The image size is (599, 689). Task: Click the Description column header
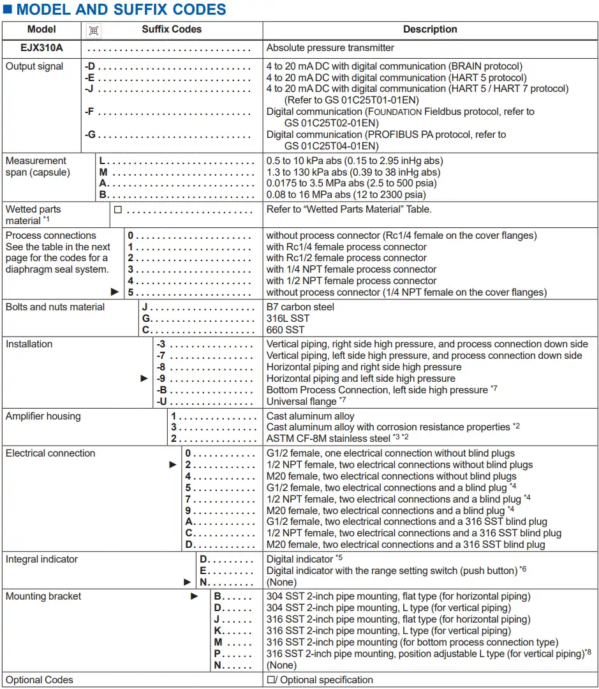pyautogui.click(x=430, y=29)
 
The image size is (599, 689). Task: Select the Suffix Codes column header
pyautogui.click(x=172, y=29)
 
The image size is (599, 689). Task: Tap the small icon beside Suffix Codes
pyautogui.click(x=94, y=30)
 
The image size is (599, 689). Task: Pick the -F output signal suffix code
pyautogui.click(x=90, y=112)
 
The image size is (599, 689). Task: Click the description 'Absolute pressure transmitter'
pyautogui.click(x=330, y=48)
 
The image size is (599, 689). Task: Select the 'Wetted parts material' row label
pyautogui.click(x=33, y=215)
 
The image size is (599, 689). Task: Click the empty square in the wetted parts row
pyautogui.click(x=118, y=209)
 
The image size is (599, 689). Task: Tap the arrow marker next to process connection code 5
pyautogui.click(x=115, y=292)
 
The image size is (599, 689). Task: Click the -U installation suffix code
pyautogui.click(x=162, y=402)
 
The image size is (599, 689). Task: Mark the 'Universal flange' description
pyautogui.click(x=301, y=402)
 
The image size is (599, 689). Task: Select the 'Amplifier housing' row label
pyautogui.click(x=43, y=416)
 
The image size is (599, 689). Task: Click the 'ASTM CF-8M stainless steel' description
pyautogui.click(x=328, y=439)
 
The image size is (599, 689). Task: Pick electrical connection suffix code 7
pyautogui.click(x=188, y=499)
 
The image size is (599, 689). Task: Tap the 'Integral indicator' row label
pyautogui.click(x=41, y=559)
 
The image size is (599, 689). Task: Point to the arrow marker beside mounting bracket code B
pyautogui.click(x=195, y=596)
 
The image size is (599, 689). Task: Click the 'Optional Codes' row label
pyautogui.click(x=40, y=680)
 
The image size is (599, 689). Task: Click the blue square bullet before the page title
pyautogui.click(x=8, y=10)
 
